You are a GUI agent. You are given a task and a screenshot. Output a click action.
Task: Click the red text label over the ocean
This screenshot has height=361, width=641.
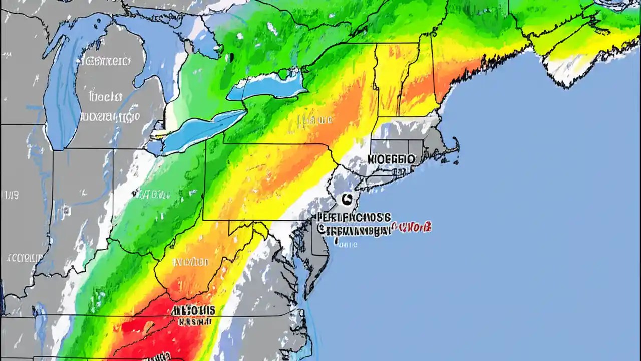(x=411, y=228)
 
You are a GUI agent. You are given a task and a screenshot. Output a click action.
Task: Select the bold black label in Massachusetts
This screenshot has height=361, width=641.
(x=391, y=159)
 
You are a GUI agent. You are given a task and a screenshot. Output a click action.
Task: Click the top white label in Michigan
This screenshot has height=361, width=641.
(x=104, y=62)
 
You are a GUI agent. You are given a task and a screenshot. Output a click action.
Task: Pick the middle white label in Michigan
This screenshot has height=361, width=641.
(x=107, y=95)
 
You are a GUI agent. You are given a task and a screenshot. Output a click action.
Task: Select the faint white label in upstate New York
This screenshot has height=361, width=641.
(x=315, y=120)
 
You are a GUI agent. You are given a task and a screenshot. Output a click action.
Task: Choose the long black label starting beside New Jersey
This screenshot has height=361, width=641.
(x=353, y=224)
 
